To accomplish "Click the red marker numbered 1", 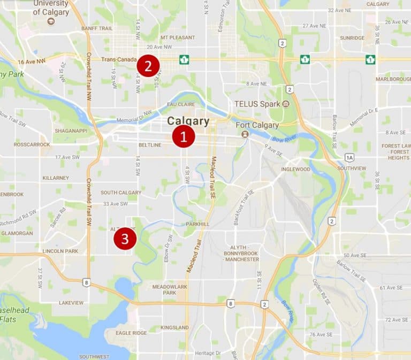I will [183, 137].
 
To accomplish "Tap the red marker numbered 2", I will [148, 66].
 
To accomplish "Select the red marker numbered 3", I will [125, 239].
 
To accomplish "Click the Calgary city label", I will [188, 121].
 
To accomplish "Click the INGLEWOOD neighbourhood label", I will [295, 169].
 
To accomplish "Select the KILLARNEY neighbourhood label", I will [56, 177].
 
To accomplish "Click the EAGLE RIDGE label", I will [131, 333].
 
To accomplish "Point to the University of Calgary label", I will [51, 7].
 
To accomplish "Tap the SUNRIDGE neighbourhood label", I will [352, 38].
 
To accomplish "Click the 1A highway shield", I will [349, 157].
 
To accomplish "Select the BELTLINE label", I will [150, 145].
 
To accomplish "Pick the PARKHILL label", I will [197, 224].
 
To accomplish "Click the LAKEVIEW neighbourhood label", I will [71, 303].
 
